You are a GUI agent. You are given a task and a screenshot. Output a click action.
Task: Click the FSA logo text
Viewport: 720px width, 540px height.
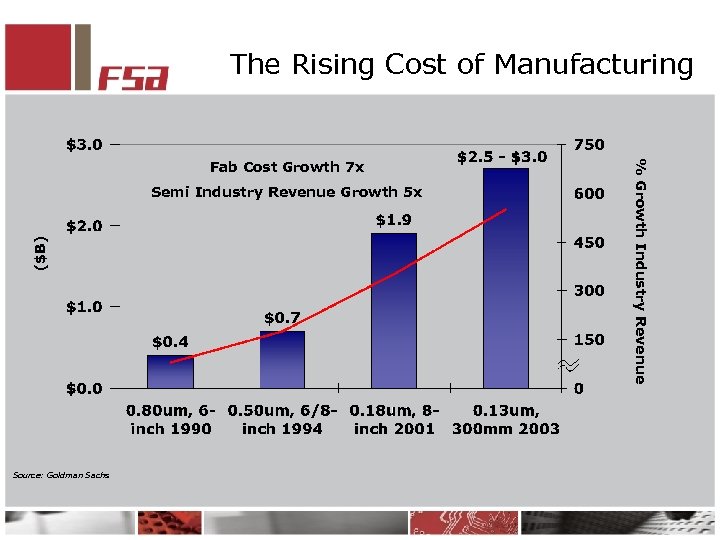(133, 76)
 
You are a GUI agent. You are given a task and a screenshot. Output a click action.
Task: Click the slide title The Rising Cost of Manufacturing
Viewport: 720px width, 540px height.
(461, 65)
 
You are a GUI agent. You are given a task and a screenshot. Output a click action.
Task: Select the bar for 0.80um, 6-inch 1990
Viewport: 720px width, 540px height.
(170, 371)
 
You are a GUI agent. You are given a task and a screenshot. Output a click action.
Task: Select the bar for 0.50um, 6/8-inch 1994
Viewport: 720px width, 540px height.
(282, 359)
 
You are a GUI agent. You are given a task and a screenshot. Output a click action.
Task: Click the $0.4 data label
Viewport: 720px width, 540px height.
(170, 342)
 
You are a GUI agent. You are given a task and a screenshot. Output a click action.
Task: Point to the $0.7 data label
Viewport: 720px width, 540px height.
(282, 318)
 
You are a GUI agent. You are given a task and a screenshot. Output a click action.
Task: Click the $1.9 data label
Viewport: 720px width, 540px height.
(394, 220)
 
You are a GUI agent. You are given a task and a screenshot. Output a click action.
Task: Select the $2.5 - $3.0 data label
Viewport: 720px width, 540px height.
(502, 157)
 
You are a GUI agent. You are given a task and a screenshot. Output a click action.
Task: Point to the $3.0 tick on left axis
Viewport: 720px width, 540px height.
(84, 145)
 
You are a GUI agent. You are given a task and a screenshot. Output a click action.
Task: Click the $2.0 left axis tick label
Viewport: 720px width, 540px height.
(84, 226)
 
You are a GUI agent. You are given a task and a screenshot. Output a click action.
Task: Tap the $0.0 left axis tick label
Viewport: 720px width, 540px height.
(84, 388)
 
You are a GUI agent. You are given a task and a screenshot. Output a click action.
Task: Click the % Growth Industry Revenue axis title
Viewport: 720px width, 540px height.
(641, 269)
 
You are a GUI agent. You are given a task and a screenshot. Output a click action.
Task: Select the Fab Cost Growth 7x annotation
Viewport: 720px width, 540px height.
(287, 167)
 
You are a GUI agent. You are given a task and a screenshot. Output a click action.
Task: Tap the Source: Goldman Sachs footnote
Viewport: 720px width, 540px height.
(61, 474)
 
